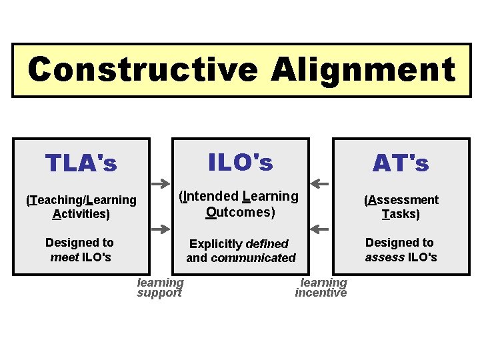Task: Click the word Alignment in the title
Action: [x=363, y=69]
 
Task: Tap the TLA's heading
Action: [x=81, y=163]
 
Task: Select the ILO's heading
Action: [x=241, y=162]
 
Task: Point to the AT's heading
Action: [x=401, y=163]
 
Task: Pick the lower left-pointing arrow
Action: [x=320, y=229]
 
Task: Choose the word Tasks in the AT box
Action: [x=401, y=214]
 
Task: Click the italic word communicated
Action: [x=253, y=258]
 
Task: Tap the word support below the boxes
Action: [x=159, y=293]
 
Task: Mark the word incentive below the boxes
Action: [x=321, y=293]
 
